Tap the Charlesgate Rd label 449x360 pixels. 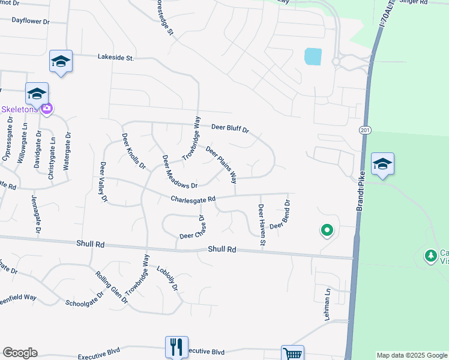coord(192,199)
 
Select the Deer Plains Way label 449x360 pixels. coord(221,164)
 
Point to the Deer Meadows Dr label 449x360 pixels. coord(179,172)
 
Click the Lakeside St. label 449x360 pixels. coord(116,58)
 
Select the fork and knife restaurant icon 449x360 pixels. coord(176,346)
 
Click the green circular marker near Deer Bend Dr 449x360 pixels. coord(327,229)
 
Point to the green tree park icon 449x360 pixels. coord(430,256)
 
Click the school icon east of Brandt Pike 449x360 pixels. coord(382,164)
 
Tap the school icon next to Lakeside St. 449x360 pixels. coord(61,61)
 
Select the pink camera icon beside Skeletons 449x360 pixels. coord(47,109)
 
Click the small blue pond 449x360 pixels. coord(313,56)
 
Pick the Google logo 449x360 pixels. coord(20,353)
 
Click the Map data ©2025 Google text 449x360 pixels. coord(411,355)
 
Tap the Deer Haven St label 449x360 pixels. coord(262,225)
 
